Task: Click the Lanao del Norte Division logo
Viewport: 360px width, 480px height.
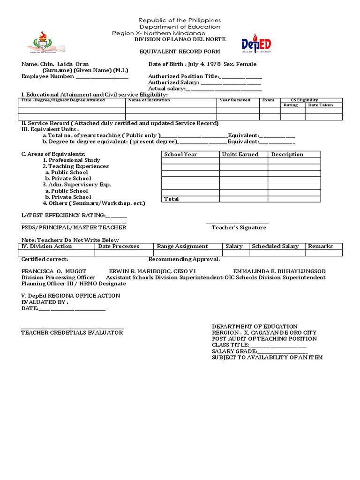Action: click(45, 42)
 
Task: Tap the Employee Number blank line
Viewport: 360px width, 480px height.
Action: click(102, 77)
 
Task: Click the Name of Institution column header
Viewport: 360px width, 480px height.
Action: click(149, 100)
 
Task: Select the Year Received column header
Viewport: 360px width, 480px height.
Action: click(235, 100)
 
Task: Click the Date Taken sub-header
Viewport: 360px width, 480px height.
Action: click(320, 105)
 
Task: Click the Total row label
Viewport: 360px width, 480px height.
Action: click(171, 199)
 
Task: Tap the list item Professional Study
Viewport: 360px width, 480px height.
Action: click(71, 160)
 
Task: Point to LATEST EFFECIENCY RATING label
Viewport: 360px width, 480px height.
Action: click(63, 215)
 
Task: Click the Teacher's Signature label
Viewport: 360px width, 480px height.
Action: click(239, 228)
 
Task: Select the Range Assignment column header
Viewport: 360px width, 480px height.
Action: click(182, 246)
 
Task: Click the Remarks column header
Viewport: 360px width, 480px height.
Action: click(320, 246)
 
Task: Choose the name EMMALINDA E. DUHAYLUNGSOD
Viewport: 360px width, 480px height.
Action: click(279, 271)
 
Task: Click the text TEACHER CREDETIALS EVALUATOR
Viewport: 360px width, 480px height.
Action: click(72, 333)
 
